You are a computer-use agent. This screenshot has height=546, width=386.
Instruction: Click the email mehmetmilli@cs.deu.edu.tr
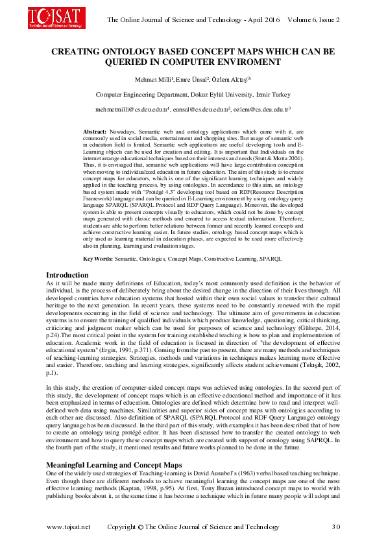click(132, 110)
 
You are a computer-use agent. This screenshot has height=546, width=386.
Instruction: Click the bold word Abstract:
click(95, 132)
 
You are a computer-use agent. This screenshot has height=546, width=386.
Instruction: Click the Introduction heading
click(68, 275)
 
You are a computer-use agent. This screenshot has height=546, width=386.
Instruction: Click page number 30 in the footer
click(335, 527)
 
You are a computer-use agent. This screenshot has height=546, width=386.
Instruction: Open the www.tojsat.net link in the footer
click(69, 527)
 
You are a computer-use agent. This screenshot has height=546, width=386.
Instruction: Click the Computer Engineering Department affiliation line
click(193, 94)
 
